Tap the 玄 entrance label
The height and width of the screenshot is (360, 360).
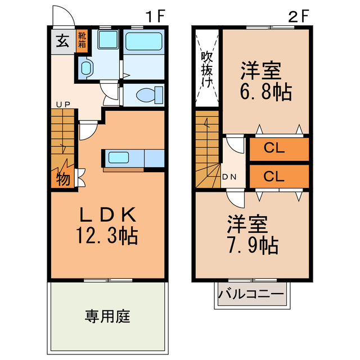pos(62,40)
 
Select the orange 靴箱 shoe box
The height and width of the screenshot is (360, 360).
pos(82,40)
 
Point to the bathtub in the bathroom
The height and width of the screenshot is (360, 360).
pos(143,43)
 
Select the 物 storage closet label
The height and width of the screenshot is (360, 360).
pos(63,180)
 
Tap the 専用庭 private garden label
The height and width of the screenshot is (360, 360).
pos(108,316)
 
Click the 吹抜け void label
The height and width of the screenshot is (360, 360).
pos(207,68)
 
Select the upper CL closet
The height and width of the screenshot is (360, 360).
pos(278,149)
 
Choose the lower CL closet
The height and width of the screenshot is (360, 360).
pos(278,175)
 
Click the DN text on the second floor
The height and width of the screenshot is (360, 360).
pos(229,177)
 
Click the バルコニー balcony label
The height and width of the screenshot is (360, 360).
pos(251,294)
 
